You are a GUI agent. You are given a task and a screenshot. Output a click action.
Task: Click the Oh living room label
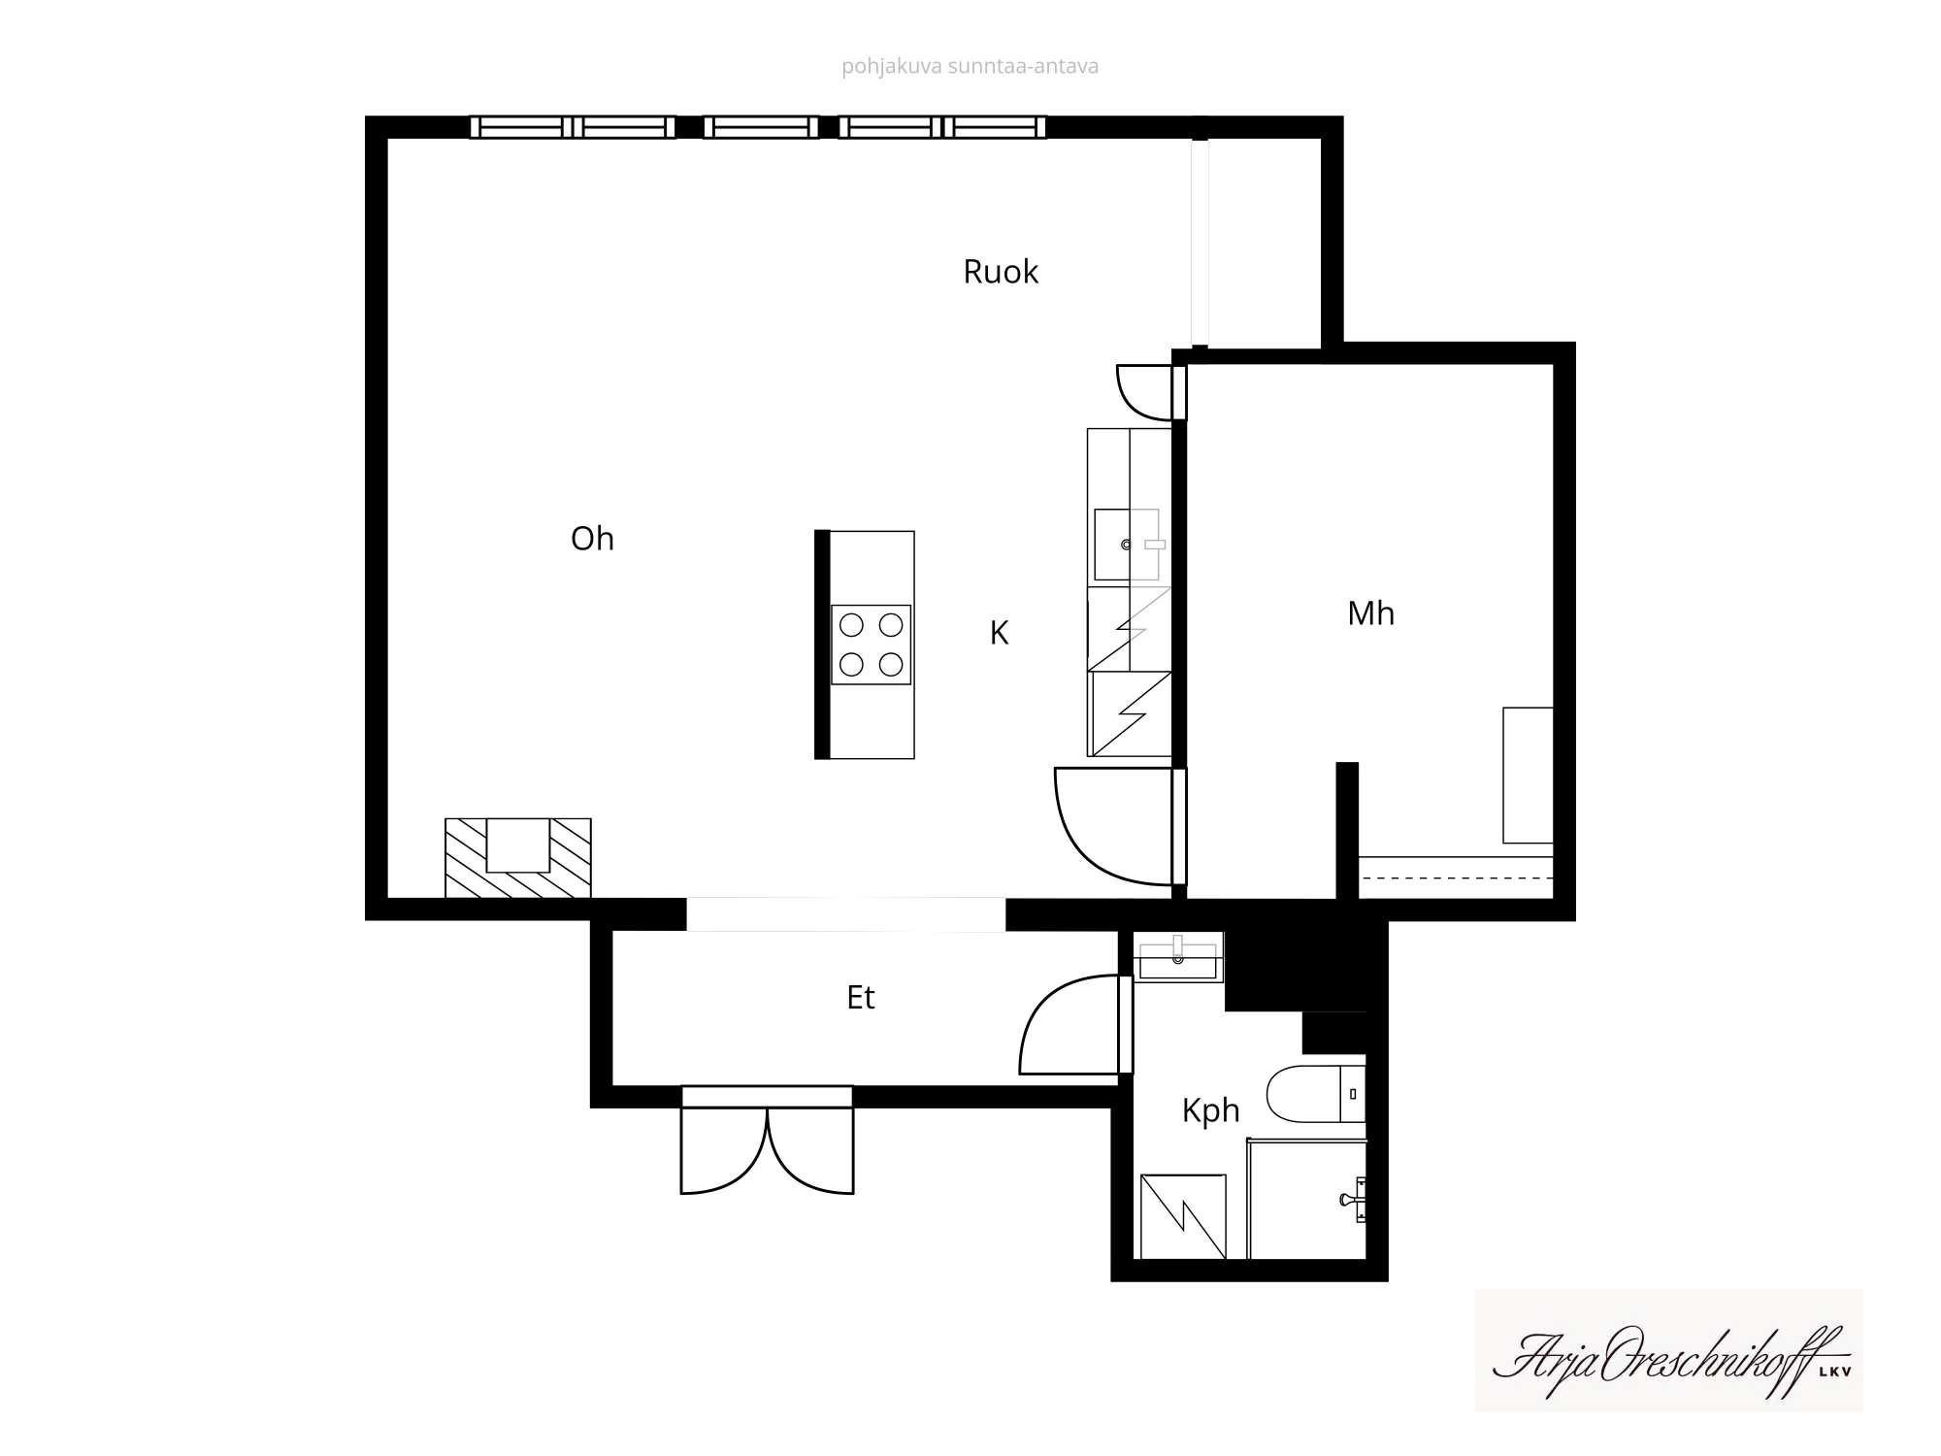point(592,539)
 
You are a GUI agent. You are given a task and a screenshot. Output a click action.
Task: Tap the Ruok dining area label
point(1001,272)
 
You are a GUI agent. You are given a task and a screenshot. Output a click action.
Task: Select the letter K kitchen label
point(999,633)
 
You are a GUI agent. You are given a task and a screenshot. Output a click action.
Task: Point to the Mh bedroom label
point(1370,613)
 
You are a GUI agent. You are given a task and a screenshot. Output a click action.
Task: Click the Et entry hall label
point(861,998)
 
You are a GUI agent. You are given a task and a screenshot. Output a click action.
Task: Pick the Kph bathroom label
point(1210,1110)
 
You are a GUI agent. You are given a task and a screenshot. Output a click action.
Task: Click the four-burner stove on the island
point(871,645)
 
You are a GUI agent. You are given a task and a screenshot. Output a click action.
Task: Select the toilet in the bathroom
point(1316,1094)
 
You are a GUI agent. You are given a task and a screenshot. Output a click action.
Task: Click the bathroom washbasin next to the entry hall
point(1178,957)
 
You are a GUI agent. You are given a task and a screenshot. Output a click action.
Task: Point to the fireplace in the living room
point(518,858)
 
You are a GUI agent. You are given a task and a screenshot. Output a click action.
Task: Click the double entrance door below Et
point(767,1142)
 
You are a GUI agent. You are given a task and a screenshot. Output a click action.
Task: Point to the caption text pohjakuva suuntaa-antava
point(970,66)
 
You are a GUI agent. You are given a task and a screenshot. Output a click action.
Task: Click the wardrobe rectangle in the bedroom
point(1528,775)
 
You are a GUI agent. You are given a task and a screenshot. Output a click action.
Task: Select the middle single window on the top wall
point(761,127)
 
